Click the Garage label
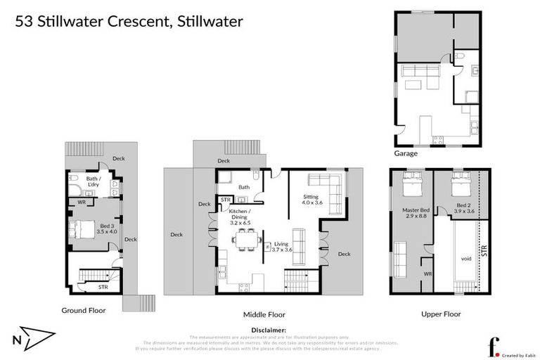(x=406, y=153)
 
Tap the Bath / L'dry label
(x=96, y=181)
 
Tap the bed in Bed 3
(x=81, y=229)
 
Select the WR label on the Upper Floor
(x=427, y=274)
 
